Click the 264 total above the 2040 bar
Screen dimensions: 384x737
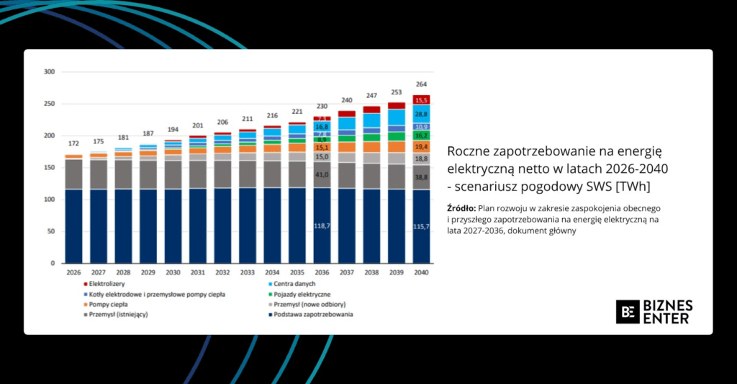click(x=421, y=84)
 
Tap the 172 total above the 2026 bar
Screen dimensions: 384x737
click(x=73, y=143)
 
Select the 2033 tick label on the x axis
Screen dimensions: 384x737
click(x=248, y=273)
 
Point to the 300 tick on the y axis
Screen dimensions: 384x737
click(x=49, y=72)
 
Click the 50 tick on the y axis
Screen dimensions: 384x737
click(x=51, y=231)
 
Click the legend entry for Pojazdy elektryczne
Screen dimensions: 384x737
click(x=303, y=295)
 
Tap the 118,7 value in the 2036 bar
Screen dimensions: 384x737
click(x=322, y=226)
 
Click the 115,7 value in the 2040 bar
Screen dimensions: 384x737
click(x=421, y=227)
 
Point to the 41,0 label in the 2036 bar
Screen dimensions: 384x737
click(x=322, y=174)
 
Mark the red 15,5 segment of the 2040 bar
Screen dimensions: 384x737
click(x=421, y=100)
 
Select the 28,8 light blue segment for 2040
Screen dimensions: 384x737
click(x=421, y=115)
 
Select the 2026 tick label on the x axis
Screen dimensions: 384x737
click(x=73, y=273)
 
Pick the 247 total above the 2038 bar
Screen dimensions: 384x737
click(x=371, y=96)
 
